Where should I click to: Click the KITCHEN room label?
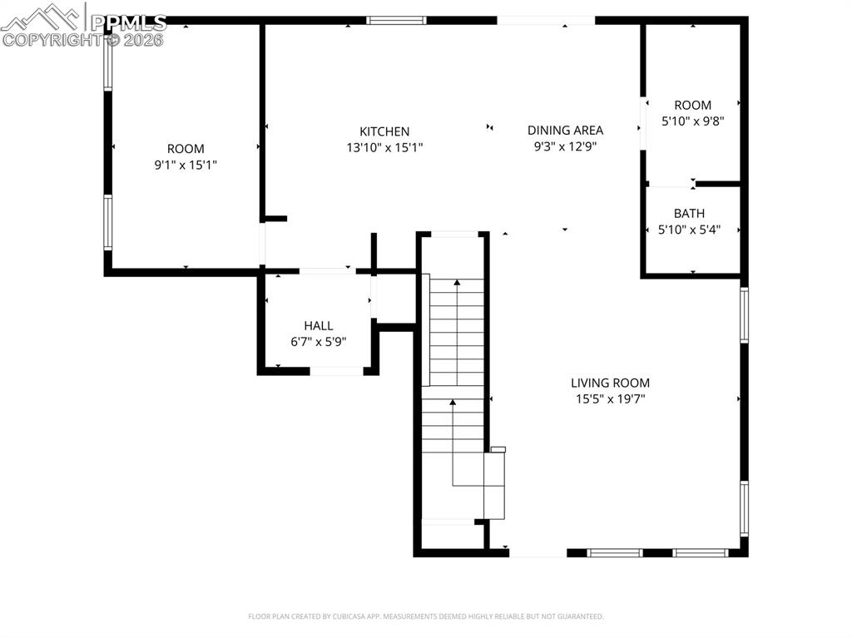point(384,131)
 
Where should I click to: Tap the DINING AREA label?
point(565,130)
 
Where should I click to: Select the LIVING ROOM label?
point(610,383)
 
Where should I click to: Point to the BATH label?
point(689,214)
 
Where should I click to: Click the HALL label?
point(318,326)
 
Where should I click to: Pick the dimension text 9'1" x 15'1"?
point(186,165)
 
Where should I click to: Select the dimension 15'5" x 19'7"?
point(610,398)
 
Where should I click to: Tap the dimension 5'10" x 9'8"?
point(692,121)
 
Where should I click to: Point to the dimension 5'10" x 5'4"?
point(689,230)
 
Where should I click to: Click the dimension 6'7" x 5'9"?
point(318,342)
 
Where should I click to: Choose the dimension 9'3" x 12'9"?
point(565,146)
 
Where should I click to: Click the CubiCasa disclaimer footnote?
point(426,616)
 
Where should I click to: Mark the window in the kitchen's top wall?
point(396,20)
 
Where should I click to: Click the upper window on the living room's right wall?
point(744,314)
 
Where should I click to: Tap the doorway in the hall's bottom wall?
point(336,371)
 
